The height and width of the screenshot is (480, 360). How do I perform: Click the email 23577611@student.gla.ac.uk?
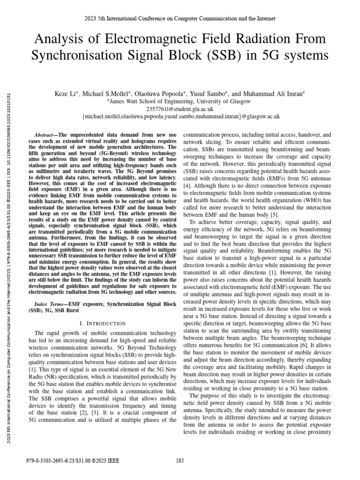180,109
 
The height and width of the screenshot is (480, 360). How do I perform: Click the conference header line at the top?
180,18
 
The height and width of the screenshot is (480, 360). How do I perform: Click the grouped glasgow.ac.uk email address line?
180,116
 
